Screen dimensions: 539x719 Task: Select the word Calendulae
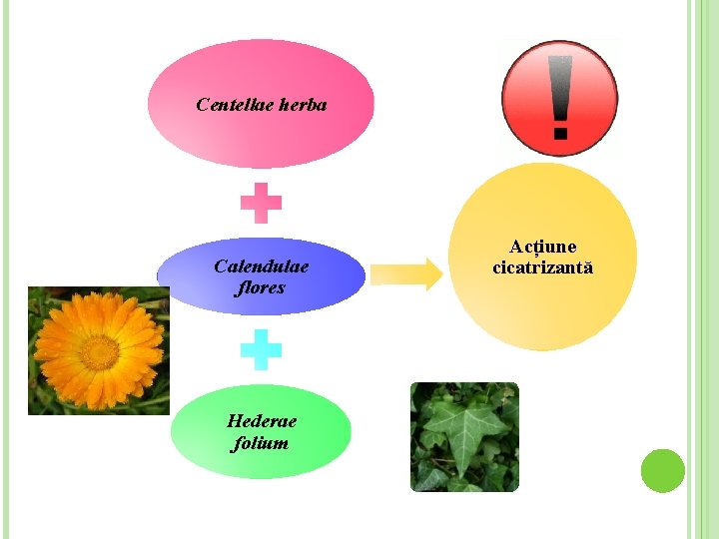(262, 267)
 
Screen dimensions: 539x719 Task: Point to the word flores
(261, 287)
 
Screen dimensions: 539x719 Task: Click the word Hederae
(262, 421)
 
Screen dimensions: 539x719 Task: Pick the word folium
(260, 442)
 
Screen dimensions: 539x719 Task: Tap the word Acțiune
(543, 247)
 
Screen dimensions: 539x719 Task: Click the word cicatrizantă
(543, 268)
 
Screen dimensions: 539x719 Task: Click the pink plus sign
(261, 203)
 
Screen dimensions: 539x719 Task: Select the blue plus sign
(261, 350)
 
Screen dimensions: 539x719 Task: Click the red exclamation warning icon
(560, 98)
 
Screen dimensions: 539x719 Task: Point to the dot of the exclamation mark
(560, 131)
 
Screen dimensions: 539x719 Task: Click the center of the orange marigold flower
(100, 351)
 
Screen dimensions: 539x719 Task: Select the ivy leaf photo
(464, 436)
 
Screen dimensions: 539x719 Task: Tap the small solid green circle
(662, 470)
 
